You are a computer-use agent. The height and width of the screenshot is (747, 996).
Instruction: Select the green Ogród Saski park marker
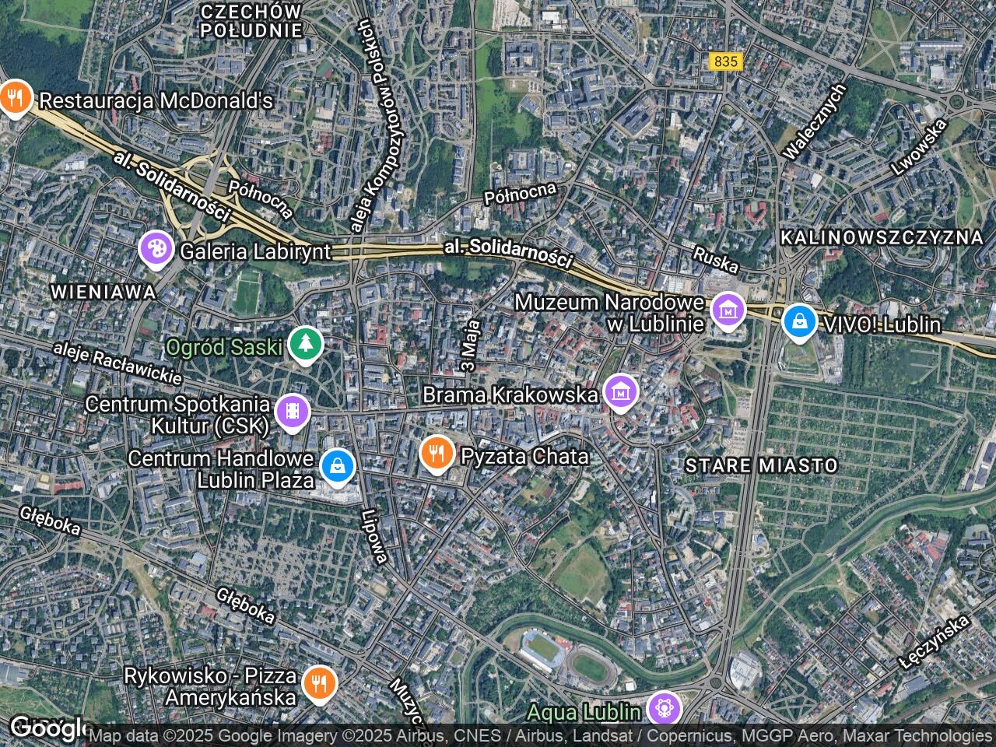[305, 345]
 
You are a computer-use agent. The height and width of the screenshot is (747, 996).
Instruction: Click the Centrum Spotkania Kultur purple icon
[292, 413]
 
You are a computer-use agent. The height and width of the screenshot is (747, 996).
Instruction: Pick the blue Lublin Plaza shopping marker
[338, 466]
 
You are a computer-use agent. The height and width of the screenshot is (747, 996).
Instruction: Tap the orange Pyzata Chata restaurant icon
[437, 453]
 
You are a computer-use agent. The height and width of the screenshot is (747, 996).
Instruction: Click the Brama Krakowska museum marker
[620, 393]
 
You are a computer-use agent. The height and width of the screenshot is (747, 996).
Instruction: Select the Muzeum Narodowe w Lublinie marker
[728, 310]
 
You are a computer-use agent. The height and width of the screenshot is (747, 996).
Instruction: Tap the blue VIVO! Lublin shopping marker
[798, 321]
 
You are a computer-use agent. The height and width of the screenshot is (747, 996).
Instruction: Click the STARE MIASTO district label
[761, 465]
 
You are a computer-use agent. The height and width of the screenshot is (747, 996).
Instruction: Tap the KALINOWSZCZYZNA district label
[882, 237]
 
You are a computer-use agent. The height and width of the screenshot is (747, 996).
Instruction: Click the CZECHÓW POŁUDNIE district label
[251, 21]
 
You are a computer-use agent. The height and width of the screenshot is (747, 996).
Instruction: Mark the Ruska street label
[715, 261]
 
